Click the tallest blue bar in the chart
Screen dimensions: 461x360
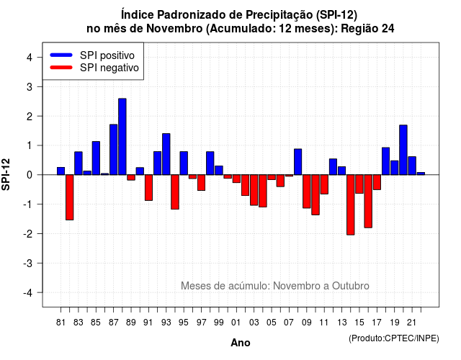click(122, 137)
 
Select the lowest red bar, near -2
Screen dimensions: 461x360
click(351, 204)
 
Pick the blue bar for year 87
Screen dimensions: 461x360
click(114, 150)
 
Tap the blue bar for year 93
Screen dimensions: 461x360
click(166, 154)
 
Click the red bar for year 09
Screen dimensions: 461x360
click(307, 192)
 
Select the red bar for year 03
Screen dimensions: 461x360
click(254, 190)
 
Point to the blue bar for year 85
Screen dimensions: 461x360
click(96, 158)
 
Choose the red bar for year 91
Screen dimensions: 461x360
click(149, 187)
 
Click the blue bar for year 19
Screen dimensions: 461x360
click(395, 168)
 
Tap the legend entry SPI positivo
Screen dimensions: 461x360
click(92, 55)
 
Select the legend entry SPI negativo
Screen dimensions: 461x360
click(94, 68)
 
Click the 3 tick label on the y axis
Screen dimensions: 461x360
click(30, 87)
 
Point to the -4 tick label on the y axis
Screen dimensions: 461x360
click(28, 293)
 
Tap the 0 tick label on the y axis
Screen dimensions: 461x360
click(30, 175)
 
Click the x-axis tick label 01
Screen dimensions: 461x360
click(236, 323)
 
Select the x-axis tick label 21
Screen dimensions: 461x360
click(412, 323)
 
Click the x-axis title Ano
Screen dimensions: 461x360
click(241, 343)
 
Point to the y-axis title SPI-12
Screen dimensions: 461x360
click(6, 174)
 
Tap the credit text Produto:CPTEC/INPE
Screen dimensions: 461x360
click(394, 338)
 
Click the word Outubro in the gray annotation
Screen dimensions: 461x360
click(351, 286)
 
